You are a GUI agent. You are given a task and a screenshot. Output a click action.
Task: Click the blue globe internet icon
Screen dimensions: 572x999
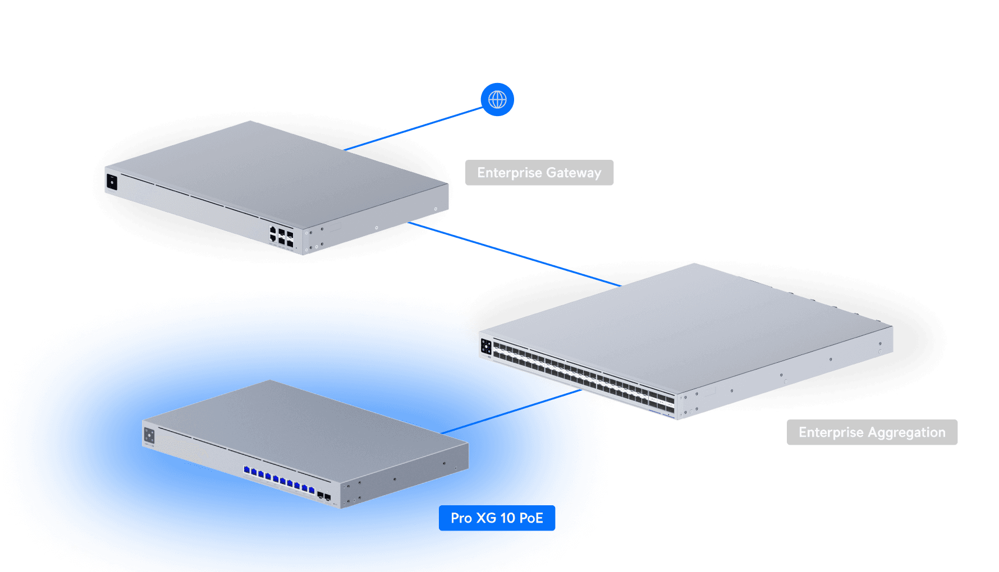[x=497, y=100]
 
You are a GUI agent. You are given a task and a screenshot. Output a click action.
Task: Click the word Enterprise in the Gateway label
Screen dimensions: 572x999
[x=509, y=173]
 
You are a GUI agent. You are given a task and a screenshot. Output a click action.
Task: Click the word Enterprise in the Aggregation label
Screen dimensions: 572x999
[x=831, y=432]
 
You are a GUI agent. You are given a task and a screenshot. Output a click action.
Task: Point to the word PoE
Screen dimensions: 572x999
[x=531, y=518]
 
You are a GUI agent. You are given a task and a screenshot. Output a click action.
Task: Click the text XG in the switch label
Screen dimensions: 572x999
[x=486, y=518]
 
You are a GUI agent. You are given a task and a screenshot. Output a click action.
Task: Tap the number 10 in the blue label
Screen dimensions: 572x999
[x=507, y=518]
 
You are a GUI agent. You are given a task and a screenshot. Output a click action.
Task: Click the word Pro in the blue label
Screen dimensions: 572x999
[x=461, y=518]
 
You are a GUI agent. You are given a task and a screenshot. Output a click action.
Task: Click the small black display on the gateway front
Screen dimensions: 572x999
[x=112, y=182]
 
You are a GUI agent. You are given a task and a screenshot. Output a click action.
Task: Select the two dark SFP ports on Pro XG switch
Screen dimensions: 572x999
[x=324, y=496]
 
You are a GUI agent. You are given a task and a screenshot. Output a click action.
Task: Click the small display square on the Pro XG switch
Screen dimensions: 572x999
[x=149, y=435]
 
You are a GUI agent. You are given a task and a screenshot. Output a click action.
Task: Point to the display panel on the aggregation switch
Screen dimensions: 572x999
[x=486, y=347]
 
